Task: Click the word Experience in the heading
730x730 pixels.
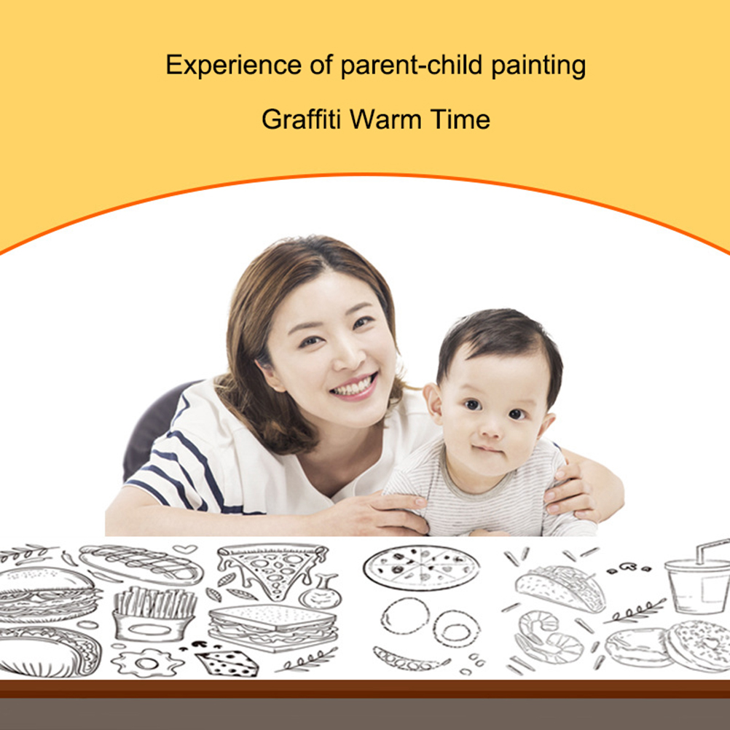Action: tap(233, 65)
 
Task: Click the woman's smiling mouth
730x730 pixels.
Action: tap(355, 386)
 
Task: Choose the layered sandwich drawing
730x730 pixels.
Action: tap(272, 627)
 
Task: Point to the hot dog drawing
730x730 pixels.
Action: tap(141, 565)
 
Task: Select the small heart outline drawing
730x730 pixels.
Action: tap(185, 549)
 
